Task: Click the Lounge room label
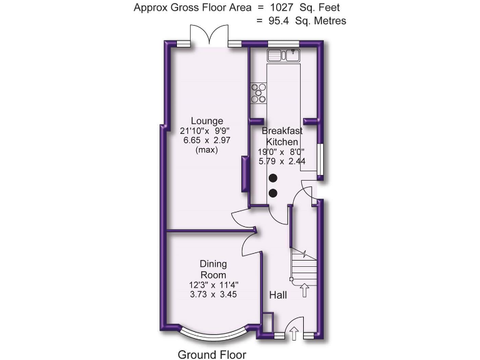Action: point(207,121)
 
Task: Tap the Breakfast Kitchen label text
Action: point(282,136)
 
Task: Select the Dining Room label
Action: point(212,269)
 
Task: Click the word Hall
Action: point(277,294)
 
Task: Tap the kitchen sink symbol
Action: point(284,56)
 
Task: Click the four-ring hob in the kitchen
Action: point(258,92)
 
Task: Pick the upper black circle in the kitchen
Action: point(273,179)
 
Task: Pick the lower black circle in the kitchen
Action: point(273,192)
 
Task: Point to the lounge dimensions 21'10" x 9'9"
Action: point(207,131)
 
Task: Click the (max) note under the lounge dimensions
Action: point(207,151)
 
